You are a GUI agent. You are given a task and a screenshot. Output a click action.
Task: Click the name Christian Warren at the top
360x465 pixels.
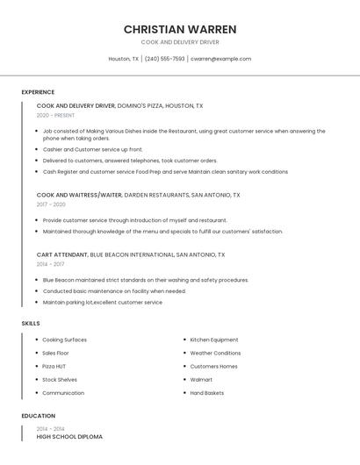click(x=179, y=29)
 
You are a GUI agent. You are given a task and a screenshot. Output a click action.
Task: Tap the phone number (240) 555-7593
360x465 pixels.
click(x=164, y=59)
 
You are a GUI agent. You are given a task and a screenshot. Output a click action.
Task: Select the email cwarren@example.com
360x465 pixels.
click(x=220, y=59)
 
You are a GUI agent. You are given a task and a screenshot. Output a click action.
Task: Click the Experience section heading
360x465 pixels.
click(x=38, y=92)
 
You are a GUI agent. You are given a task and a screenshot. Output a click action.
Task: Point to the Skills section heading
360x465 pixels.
click(x=31, y=324)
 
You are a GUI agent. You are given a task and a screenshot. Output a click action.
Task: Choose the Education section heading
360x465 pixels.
click(x=39, y=416)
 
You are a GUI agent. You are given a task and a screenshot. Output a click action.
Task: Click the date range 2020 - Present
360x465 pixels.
click(x=55, y=116)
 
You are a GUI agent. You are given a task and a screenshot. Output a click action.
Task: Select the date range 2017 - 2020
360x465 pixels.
click(x=51, y=204)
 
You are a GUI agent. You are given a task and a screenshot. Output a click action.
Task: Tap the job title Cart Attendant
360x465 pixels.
click(x=62, y=254)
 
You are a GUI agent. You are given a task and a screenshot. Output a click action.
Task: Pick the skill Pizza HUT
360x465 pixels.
click(x=54, y=366)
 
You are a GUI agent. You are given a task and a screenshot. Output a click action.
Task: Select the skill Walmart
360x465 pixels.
click(x=201, y=380)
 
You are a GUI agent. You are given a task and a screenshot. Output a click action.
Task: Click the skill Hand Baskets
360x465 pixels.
click(x=207, y=393)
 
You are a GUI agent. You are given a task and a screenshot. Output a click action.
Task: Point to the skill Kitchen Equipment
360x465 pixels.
click(x=214, y=340)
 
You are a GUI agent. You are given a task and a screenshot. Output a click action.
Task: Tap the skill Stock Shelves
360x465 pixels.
click(x=60, y=380)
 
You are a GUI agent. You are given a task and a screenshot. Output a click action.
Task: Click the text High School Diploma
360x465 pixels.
click(x=69, y=436)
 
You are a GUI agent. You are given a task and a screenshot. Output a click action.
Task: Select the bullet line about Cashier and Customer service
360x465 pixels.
click(x=92, y=149)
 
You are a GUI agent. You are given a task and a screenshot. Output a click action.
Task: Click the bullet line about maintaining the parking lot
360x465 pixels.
click(x=102, y=302)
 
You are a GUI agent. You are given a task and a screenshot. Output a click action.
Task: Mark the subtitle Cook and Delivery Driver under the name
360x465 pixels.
click(x=179, y=42)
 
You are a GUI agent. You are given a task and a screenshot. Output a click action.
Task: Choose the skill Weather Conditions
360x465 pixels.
click(x=215, y=353)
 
